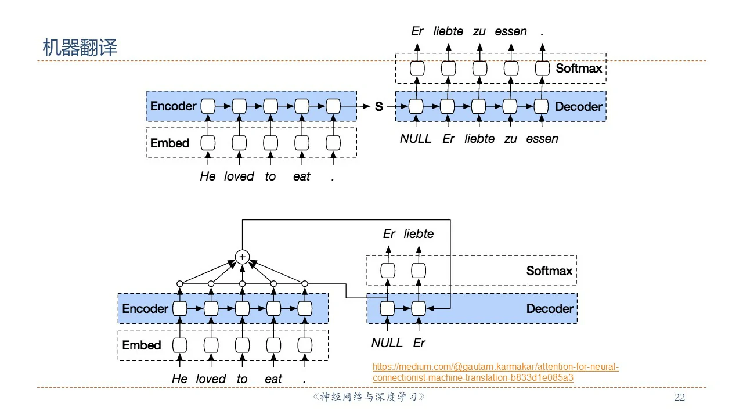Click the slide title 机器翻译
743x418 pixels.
tap(80, 48)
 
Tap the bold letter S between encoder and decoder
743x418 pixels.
tap(379, 107)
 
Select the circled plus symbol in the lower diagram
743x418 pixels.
tap(241, 257)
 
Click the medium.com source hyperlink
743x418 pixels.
tap(495, 372)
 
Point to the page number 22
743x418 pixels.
tap(679, 398)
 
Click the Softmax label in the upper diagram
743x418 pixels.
tap(579, 68)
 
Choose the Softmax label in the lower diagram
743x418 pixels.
tap(549, 271)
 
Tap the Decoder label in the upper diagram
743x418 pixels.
tap(578, 106)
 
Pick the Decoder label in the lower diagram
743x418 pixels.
tap(549, 309)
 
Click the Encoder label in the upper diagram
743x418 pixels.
tap(173, 106)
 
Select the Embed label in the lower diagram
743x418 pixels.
tap(141, 345)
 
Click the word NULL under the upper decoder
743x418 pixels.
tap(416, 139)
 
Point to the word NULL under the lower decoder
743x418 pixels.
tap(387, 343)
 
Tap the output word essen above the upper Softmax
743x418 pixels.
tap(511, 31)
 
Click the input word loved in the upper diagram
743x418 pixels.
tap(239, 176)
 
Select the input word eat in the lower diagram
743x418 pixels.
tap(273, 379)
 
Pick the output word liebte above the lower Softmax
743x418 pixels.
tap(419, 234)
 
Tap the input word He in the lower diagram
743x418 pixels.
tap(179, 379)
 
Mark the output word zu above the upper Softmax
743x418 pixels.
tap(479, 31)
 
